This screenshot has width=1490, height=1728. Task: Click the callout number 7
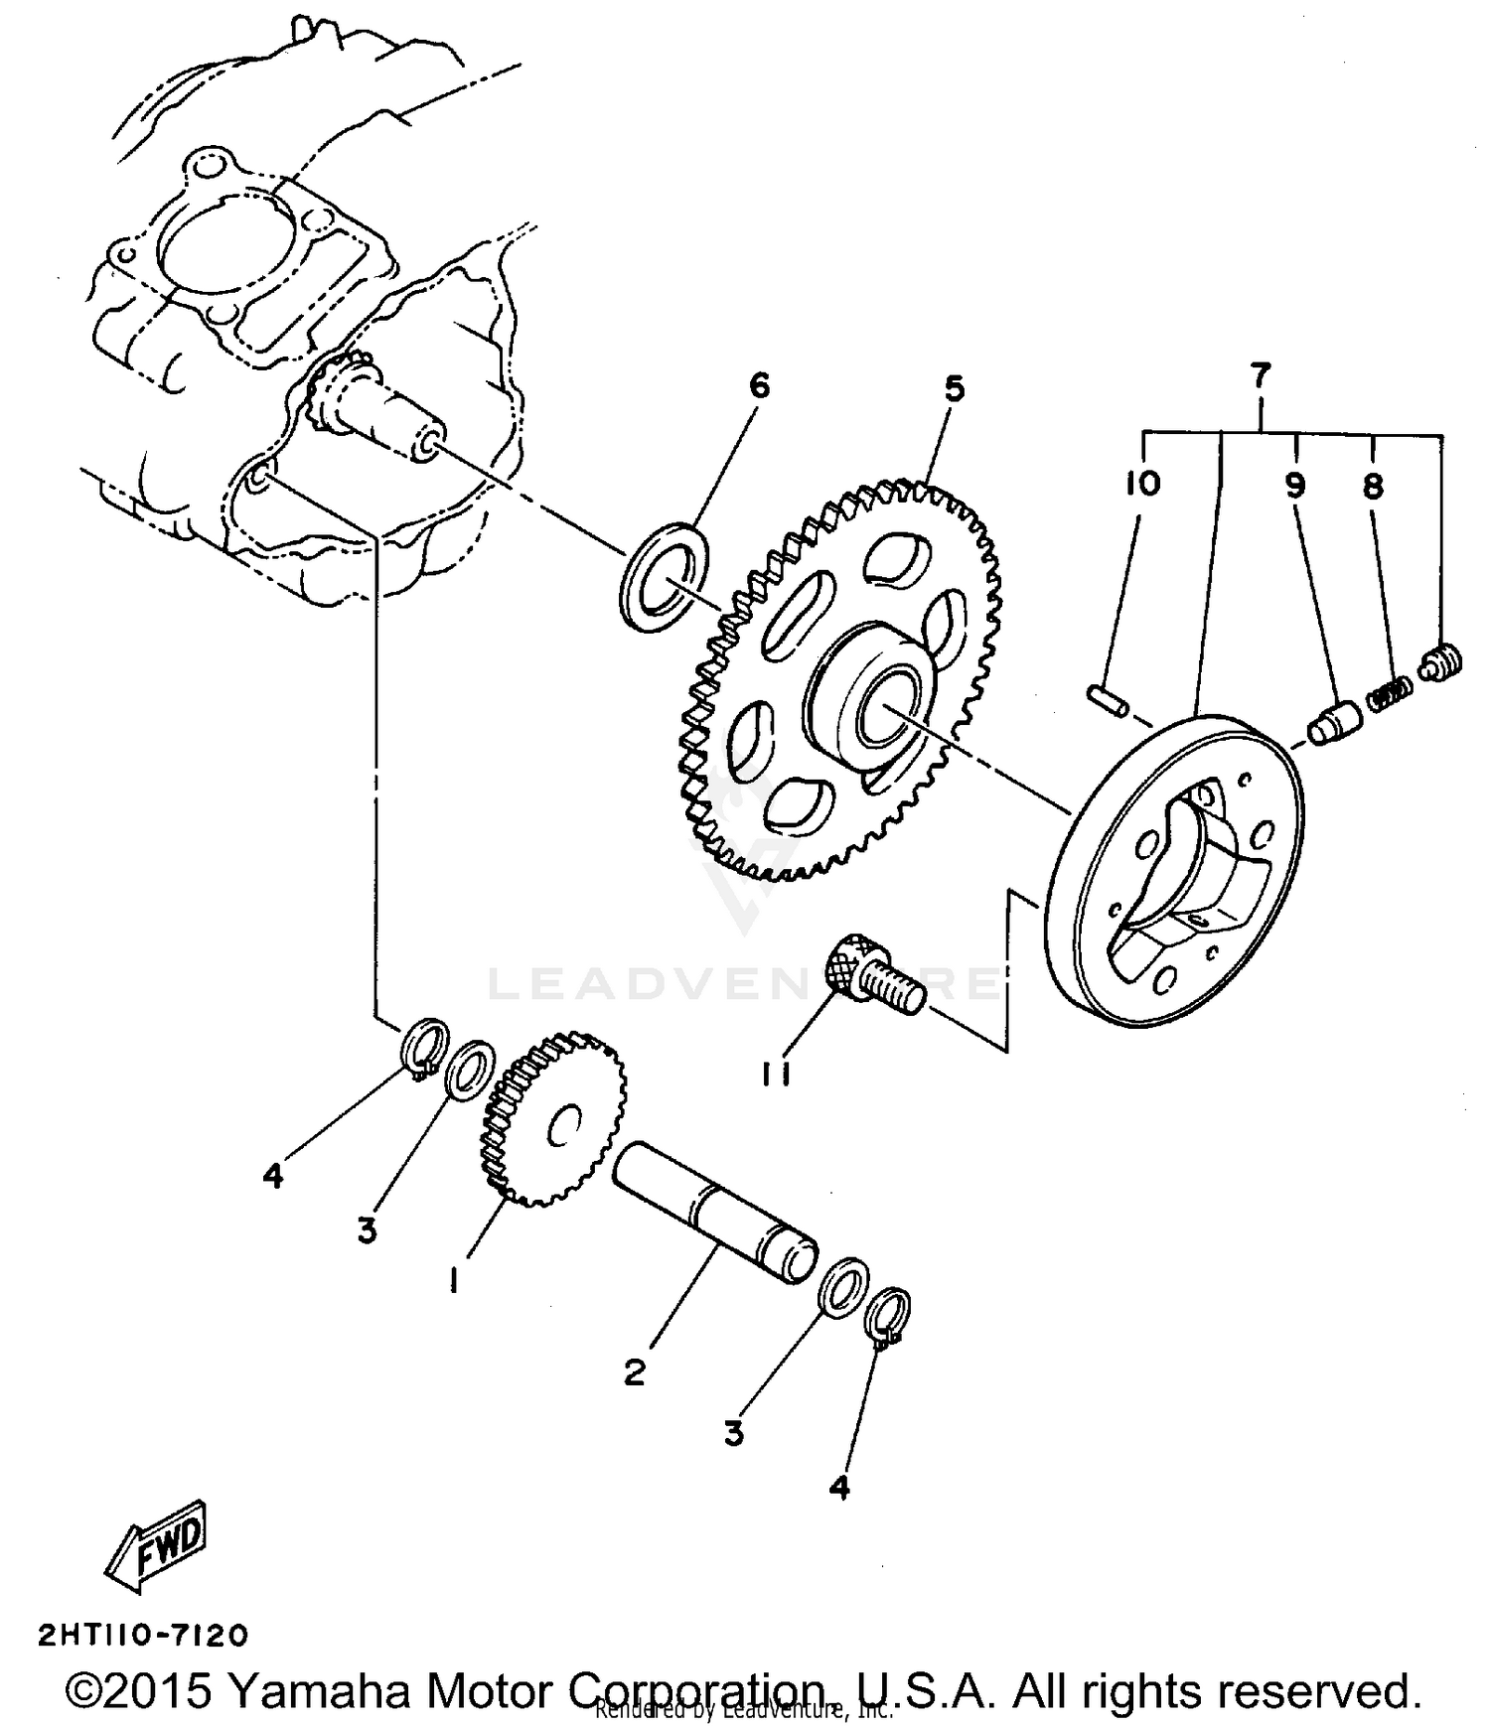pos(1259,376)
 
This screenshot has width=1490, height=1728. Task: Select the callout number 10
pos(1142,485)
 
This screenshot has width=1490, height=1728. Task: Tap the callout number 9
pos(1294,486)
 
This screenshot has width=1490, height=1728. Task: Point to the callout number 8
pos(1373,487)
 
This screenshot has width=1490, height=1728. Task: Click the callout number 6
pos(759,385)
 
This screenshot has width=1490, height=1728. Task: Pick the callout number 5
pos(954,388)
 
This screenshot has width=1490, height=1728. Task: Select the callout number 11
pos(776,1074)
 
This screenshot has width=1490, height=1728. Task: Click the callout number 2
pos(635,1371)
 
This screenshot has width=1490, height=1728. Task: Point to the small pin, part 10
pos(1108,698)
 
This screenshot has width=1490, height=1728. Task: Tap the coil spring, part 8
pos(1389,692)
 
